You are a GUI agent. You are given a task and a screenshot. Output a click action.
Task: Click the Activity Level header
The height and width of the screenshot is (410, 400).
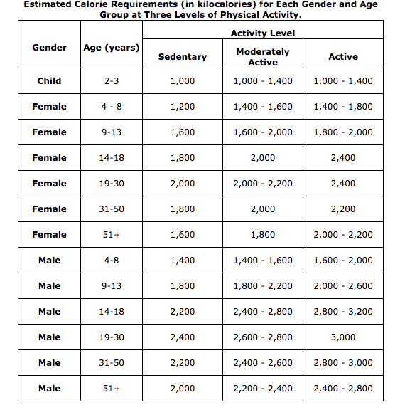[x=262, y=33]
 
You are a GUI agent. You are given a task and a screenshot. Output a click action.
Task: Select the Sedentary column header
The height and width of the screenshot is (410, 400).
[x=183, y=56]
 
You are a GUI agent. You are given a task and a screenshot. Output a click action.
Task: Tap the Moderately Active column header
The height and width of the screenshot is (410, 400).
[x=262, y=57]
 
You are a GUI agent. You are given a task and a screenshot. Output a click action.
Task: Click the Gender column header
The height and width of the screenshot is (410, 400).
[x=50, y=48]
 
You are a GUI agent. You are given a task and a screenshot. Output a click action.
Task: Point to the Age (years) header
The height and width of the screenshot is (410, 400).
[x=112, y=48]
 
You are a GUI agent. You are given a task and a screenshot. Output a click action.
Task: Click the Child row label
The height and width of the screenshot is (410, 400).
[x=50, y=81]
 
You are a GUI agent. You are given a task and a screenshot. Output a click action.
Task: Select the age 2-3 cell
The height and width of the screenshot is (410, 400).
[x=112, y=81]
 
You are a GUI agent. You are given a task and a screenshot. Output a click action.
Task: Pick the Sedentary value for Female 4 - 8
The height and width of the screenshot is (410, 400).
[x=183, y=107]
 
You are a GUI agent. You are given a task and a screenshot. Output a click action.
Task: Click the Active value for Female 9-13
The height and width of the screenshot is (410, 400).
[x=342, y=132]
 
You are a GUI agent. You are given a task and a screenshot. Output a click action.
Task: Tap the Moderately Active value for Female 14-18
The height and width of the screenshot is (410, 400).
[x=262, y=158]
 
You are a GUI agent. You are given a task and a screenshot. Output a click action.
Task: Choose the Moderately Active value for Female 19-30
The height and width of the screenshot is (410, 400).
[x=262, y=184]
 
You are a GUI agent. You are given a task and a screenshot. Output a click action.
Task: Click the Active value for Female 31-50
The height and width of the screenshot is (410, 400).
[x=342, y=209]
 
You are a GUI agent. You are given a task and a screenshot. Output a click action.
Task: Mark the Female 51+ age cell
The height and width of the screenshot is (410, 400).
[x=112, y=235]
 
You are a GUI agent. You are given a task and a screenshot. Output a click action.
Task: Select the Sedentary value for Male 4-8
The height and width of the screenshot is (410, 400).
[x=183, y=261]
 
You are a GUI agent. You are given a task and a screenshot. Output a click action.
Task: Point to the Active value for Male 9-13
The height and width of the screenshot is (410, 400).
[x=342, y=286]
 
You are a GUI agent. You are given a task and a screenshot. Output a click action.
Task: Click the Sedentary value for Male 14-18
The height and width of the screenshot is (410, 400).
[x=183, y=312]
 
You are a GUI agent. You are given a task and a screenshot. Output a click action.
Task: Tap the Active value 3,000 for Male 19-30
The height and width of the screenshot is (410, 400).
[x=342, y=337]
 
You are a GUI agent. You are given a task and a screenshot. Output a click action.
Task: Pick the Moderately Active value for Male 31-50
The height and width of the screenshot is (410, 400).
[x=262, y=363]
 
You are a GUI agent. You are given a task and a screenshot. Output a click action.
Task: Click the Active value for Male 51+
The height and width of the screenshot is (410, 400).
[x=342, y=389]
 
